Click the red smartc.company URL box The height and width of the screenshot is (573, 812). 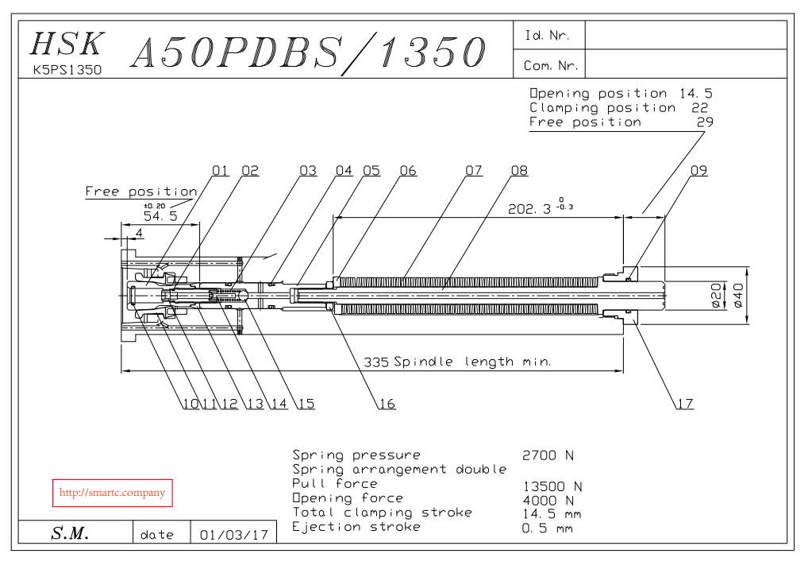pyautogui.click(x=113, y=493)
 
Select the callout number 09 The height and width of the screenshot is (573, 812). pyautogui.click(x=698, y=171)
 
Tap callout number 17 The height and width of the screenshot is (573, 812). pyautogui.click(x=685, y=404)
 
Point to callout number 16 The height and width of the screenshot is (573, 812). pyautogui.click(x=387, y=404)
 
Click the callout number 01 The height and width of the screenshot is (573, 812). pyautogui.click(x=220, y=171)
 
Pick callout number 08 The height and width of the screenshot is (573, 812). pyautogui.click(x=519, y=171)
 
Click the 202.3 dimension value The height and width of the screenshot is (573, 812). pyautogui.click(x=529, y=209)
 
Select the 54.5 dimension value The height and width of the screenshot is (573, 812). pyautogui.click(x=160, y=216)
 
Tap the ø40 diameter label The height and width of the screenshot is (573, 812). pyautogui.click(x=738, y=296)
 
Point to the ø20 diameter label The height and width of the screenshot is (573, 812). pyautogui.click(x=716, y=296)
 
